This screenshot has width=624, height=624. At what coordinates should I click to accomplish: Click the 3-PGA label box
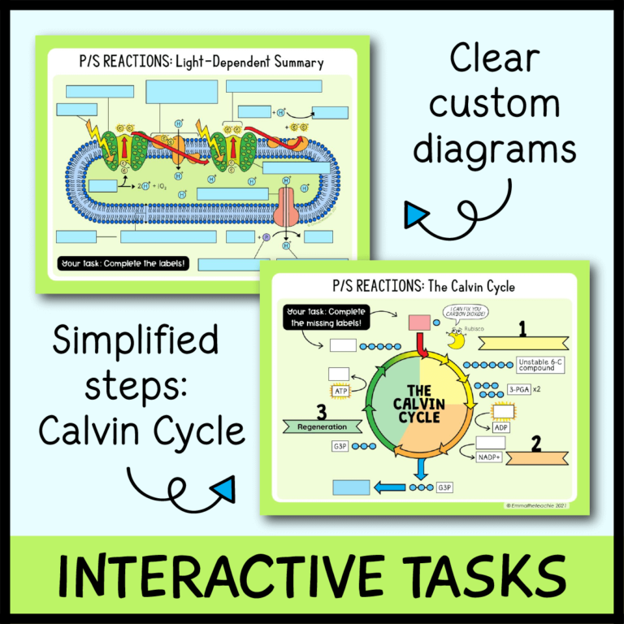point(521,389)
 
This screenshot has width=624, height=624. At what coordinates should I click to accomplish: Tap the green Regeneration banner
point(323,426)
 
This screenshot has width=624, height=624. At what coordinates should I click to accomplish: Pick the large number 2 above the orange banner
point(535,444)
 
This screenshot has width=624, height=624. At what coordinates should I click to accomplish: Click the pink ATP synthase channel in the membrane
point(288,206)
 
